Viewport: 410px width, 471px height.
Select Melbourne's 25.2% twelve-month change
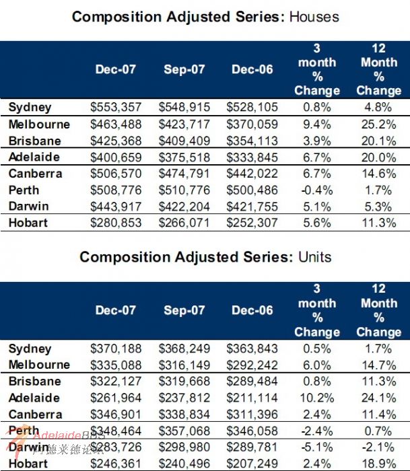(378, 124)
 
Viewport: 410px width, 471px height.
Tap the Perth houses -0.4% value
(316, 190)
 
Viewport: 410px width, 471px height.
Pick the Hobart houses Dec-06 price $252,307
(252, 223)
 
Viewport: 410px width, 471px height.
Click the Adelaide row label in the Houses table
(34, 157)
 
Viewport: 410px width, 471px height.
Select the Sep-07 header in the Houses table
(184, 69)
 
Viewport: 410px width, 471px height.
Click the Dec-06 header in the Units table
(252, 310)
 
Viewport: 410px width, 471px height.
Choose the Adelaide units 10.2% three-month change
(316, 398)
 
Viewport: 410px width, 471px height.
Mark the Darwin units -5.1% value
(316, 447)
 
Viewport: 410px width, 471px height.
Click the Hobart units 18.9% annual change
(378, 464)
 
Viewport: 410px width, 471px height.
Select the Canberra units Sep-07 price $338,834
(184, 414)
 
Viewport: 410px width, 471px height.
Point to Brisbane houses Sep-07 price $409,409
(184, 141)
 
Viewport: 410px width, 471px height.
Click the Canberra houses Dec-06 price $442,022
(252, 174)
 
